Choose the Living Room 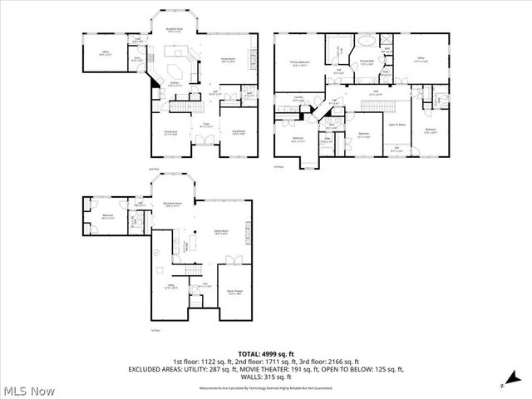(237, 131)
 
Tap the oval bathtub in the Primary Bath (365, 41)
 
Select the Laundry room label (298, 100)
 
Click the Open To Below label (397, 124)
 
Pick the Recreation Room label (173, 204)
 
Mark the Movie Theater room (234, 291)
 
